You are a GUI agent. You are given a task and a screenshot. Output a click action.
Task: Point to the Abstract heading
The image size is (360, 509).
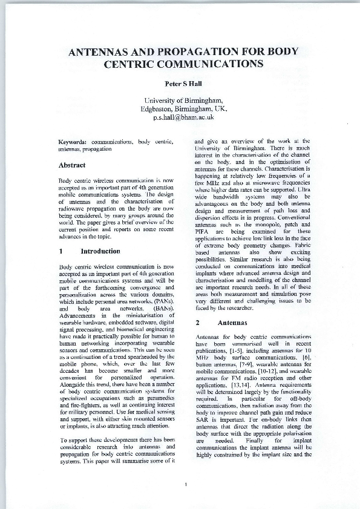71,165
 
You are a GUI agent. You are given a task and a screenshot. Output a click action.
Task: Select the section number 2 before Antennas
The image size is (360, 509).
197,323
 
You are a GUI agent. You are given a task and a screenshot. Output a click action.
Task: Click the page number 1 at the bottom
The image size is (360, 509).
186,484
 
